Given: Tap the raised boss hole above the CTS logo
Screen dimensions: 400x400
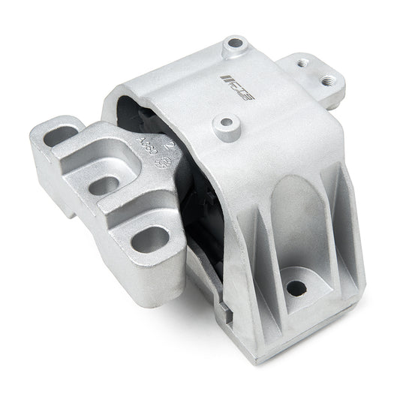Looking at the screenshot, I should coord(234,47).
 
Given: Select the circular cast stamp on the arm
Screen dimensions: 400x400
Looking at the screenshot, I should coord(167,161).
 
